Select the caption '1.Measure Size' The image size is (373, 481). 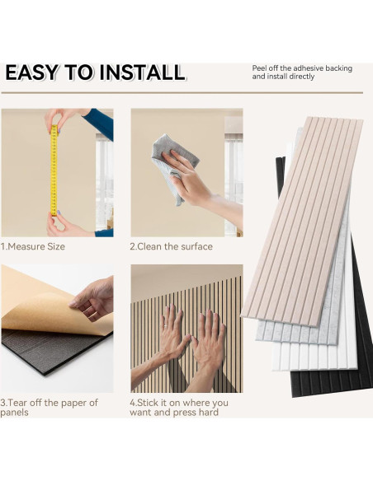[x=32, y=246]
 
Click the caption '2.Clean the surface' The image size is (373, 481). [x=171, y=246]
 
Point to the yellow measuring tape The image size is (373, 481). [x=54, y=170]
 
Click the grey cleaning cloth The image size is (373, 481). [x=174, y=167]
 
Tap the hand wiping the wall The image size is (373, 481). [x=187, y=178]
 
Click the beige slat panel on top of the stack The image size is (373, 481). [x=303, y=221]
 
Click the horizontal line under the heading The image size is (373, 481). [x=182, y=92]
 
